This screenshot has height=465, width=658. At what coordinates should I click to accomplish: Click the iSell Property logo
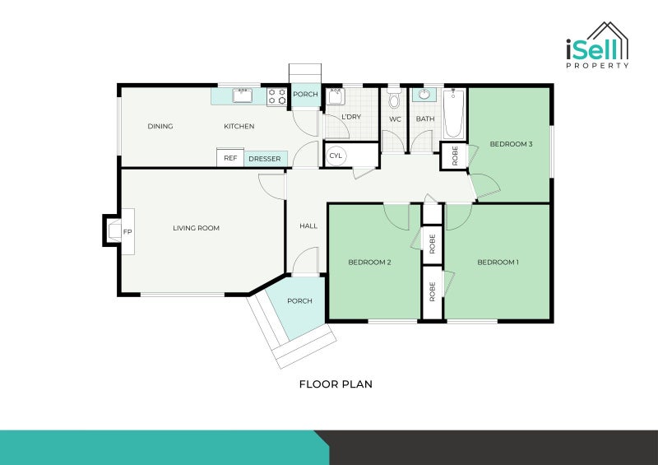(597, 45)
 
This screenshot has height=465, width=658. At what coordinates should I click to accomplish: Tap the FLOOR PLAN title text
(336, 384)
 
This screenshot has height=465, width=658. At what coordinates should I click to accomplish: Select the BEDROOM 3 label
(511, 144)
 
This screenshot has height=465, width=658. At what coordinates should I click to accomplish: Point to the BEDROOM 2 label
(369, 262)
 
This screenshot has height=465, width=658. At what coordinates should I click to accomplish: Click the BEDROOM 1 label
(498, 262)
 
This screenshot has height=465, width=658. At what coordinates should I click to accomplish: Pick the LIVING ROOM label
(196, 228)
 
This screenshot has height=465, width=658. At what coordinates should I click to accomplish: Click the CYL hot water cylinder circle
(336, 156)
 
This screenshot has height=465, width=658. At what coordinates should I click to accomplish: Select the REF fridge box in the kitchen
(230, 157)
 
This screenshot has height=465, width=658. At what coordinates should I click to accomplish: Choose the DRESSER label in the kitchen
(264, 159)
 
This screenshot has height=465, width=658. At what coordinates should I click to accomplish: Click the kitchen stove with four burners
(277, 96)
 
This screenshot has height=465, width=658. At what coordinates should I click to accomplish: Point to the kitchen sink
(242, 95)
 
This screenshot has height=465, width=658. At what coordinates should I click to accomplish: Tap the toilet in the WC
(394, 98)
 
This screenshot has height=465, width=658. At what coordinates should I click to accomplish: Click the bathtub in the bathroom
(454, 114)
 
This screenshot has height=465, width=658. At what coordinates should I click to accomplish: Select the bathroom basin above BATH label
(424, 95)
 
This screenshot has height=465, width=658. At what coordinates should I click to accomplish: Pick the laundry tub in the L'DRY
(336, 96)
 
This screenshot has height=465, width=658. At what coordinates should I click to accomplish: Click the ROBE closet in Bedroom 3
(454, 156)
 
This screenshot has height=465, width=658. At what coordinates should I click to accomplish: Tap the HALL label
(308, 226)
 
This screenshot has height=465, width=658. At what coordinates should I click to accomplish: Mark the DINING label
(160, 126)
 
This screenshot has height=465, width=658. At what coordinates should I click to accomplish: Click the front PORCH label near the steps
(299, 300)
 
